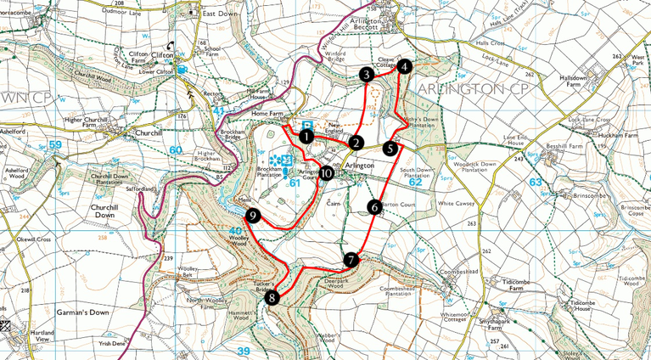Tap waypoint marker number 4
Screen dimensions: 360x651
tap(404, 66)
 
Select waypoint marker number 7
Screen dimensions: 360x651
tap(352, 260)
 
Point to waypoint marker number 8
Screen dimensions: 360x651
tap(272, 297)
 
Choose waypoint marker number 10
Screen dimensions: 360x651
tap(326, 172)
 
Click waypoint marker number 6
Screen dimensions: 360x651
tap(374, 206)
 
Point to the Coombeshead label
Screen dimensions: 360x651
tap(462, 271)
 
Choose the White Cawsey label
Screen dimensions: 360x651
tap(458, 204)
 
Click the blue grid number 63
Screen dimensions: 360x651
tap(536, 182)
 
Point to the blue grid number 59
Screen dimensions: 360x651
tap(56, 145)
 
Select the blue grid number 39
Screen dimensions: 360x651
tap(244, 351)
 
